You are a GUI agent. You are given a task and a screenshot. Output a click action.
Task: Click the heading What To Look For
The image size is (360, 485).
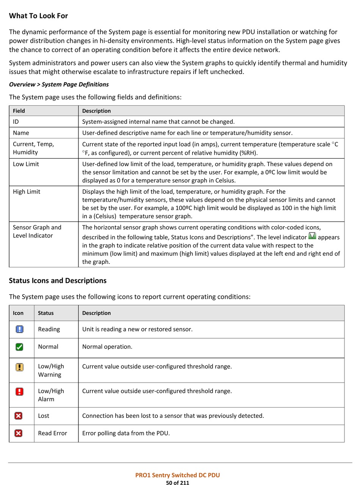click(x=38, y=16)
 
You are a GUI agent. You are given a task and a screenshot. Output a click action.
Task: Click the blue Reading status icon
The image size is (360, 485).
click(x=19, y=329)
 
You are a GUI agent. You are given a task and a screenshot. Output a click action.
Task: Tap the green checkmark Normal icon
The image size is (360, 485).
click(x=19, y=347)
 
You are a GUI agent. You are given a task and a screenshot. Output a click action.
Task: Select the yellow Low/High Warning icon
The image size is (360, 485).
click(x=19, y=367)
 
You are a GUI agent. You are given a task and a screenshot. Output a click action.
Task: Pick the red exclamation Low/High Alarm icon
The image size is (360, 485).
click(x=19, y=391)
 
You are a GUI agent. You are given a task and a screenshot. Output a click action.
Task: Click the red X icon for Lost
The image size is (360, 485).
click(x=18, y=416)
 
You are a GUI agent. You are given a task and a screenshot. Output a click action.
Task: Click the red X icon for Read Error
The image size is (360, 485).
click(x=18, y=433)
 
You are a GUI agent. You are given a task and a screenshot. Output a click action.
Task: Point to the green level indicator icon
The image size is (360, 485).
click(x=312, y=236)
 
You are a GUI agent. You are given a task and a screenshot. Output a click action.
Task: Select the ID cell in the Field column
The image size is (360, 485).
click(x=16, y=122)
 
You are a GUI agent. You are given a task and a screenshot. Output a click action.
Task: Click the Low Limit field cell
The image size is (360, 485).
click(x=26, y=164)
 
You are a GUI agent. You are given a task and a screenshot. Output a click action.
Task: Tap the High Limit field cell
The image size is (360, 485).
click(x=27, y=192)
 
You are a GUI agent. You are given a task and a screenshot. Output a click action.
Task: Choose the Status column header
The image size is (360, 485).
click(x=46, y=313)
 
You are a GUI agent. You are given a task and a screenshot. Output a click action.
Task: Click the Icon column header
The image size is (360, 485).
click(x=18, y=313)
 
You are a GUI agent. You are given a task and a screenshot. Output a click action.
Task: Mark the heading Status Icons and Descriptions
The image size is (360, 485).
click(x=58, y=281)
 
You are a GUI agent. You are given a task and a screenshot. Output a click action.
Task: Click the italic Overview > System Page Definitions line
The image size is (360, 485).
click(x=59, y=85)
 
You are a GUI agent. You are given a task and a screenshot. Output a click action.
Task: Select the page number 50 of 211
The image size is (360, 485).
click(x=177, y=483)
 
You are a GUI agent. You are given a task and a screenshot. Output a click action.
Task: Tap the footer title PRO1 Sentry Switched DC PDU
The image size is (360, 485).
click(x=177, y=475)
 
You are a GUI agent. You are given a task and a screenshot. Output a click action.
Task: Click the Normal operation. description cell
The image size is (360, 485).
click(x=107, y=347)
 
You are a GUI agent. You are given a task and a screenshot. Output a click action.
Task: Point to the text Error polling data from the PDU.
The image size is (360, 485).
click(x=126, y=433)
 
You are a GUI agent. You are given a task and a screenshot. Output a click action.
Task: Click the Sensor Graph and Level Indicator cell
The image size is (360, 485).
click(x=37, y=232)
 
